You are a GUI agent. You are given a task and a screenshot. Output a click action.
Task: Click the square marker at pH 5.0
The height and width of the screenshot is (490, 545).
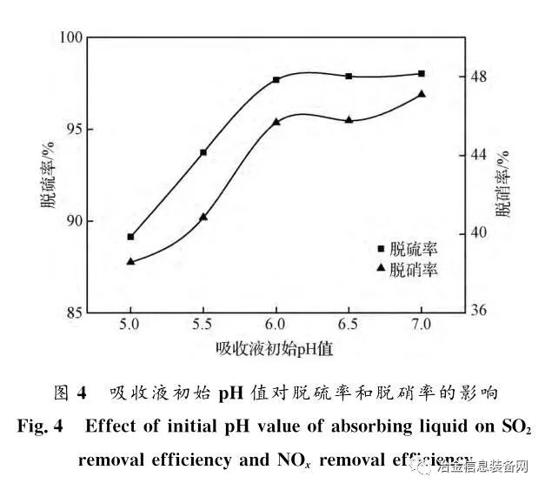tap(130, 237)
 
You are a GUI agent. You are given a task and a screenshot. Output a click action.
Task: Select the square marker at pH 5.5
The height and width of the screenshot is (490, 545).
tap(203, 152)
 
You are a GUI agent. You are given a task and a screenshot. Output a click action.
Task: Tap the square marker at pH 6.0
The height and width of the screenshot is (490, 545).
tap(276, 80)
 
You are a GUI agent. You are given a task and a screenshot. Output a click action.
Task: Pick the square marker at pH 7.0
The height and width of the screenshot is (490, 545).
tap(422, 73)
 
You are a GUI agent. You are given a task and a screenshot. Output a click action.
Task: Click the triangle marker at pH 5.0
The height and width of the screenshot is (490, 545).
tap(130, 261)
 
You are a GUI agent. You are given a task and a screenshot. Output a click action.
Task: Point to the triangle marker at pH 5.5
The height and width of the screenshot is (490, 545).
tap(203, 217)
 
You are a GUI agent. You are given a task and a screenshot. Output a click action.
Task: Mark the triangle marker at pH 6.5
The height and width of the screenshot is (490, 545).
tap(349, 120)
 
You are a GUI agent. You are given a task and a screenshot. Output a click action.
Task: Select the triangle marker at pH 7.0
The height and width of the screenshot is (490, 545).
tap(422, 94)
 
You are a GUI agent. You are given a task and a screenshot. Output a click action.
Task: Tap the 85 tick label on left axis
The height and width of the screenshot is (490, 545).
tap(75, 312)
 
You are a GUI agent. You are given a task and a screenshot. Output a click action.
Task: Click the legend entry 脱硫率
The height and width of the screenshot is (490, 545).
tap(413, 250)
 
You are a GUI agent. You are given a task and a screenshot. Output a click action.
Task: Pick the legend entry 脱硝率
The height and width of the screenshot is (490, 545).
tap(413, 270)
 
